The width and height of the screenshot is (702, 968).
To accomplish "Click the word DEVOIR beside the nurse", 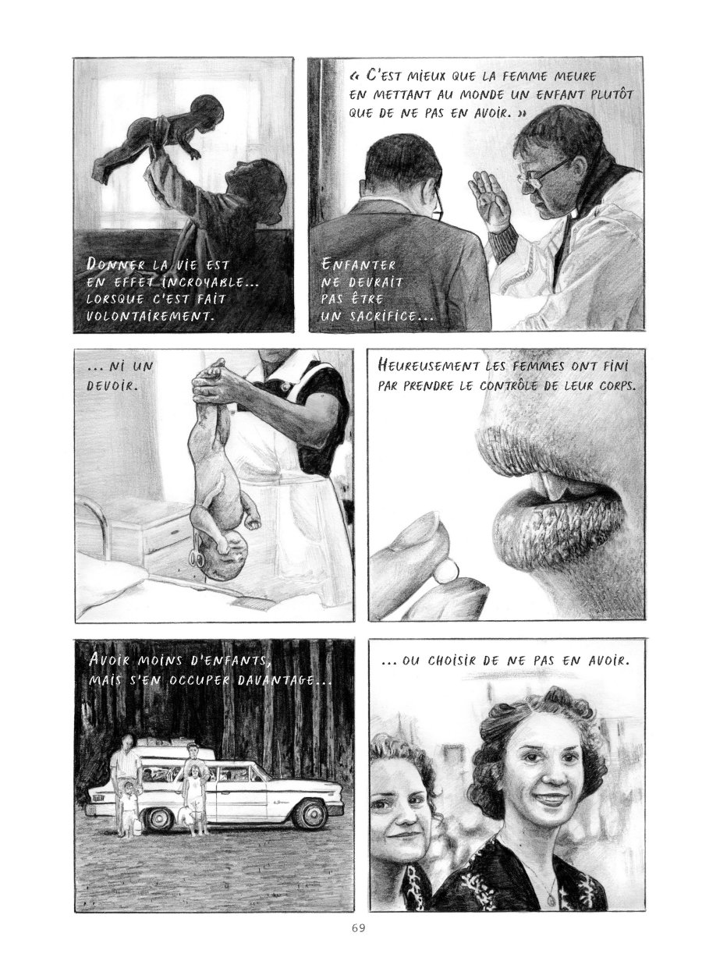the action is (112, 385).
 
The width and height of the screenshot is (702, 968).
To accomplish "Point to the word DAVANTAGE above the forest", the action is (285, 681).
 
